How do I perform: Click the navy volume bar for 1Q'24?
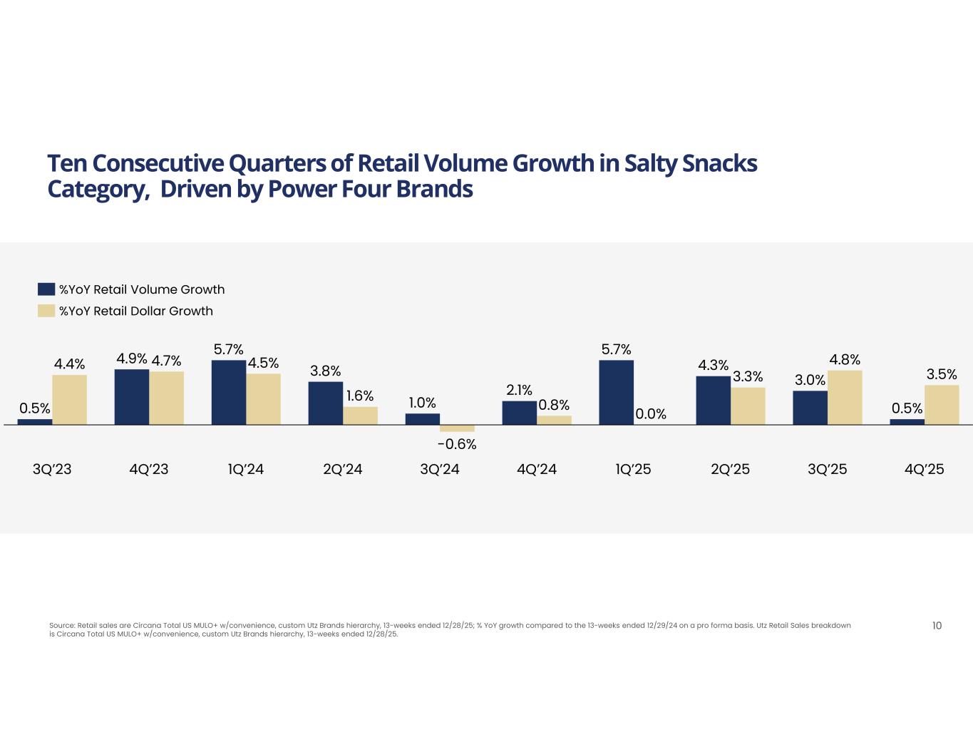(x=228, y=392)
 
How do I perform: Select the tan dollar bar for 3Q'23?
(x=69, y=399)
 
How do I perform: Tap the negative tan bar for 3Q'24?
(x=457, y=428)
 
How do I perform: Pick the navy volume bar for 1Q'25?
(x=616, y=392)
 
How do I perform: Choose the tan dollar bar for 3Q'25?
(x=845, y=397)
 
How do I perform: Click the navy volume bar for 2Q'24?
(x=325, y=403)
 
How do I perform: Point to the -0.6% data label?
(x=457, y=444)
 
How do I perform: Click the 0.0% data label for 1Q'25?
(x=651, y=413)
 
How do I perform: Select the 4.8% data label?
(x=845, y=359)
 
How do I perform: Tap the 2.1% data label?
(x=519, y=390)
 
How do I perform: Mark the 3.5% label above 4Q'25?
(x=942, y=374)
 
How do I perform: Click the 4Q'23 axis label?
(x=149, y=469)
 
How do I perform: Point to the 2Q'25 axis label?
(x=731, y=469)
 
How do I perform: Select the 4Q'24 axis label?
(x=537, y=469)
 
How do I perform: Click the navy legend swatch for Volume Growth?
(x=46, y=289)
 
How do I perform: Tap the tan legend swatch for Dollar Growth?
(x=46, y=311)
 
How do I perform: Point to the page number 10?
(x=937, y=626)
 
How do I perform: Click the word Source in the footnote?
(x=61, y=626)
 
